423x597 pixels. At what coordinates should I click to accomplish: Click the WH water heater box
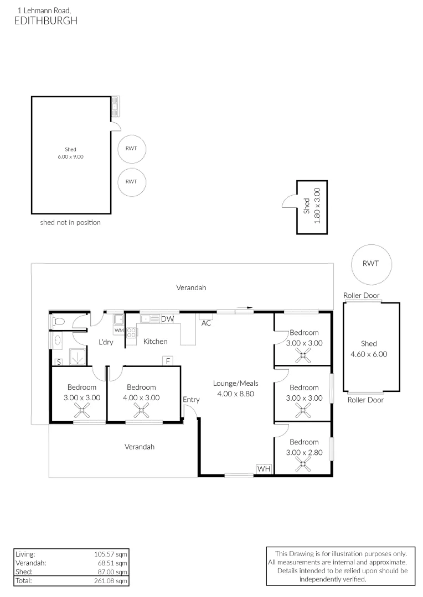[264, 469]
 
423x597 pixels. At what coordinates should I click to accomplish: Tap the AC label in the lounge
[206, 323]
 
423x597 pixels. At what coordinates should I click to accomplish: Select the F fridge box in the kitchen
[168, 361]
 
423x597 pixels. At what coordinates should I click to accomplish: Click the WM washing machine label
[119, 331]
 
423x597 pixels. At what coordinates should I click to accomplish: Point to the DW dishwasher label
[167, 319]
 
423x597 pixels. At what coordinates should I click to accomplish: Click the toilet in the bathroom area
[58, 321]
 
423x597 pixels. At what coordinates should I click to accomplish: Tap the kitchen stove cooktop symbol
[131, 333]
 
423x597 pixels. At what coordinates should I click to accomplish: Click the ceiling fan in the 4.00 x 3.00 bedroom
[141, 410]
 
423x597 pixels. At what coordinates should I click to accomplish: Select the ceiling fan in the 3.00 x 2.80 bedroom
[303, 464]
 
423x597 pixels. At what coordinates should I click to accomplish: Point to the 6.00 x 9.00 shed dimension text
[70, 156]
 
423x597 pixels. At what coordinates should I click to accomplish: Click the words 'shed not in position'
[70, 222]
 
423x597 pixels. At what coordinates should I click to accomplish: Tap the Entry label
[191, 400]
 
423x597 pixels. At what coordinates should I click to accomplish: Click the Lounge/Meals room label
[236, 384]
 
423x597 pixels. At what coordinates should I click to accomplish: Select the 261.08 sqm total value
[111, 581]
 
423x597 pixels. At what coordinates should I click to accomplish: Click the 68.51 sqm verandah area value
[112, 563]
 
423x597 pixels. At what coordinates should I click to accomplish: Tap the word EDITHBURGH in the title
[46, 20]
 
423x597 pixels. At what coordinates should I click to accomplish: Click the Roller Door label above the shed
[362, 295]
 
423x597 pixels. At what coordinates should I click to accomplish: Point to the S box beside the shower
[59, 362]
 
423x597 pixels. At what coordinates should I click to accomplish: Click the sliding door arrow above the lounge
[245, 307]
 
